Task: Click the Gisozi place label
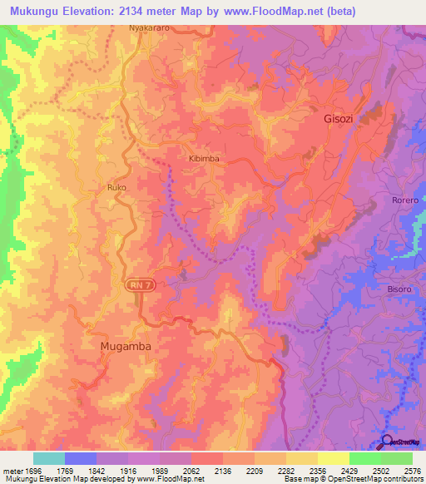point(339,119)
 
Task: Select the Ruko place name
point(116,188)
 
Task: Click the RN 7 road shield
point(139,285)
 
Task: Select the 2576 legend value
point(412,471)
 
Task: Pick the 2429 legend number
point(349,471)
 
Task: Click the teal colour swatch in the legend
point(49,458)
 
